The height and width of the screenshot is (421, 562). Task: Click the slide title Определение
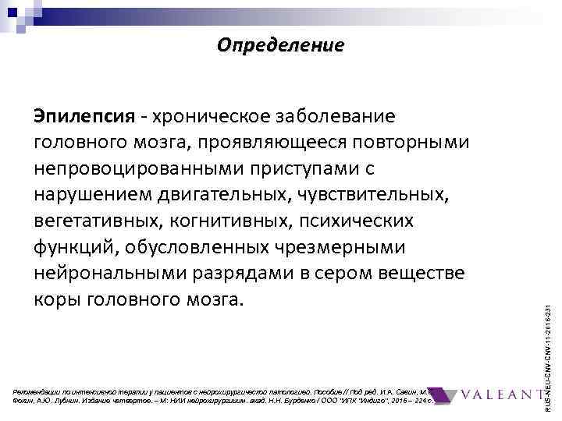tap(280, 45)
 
